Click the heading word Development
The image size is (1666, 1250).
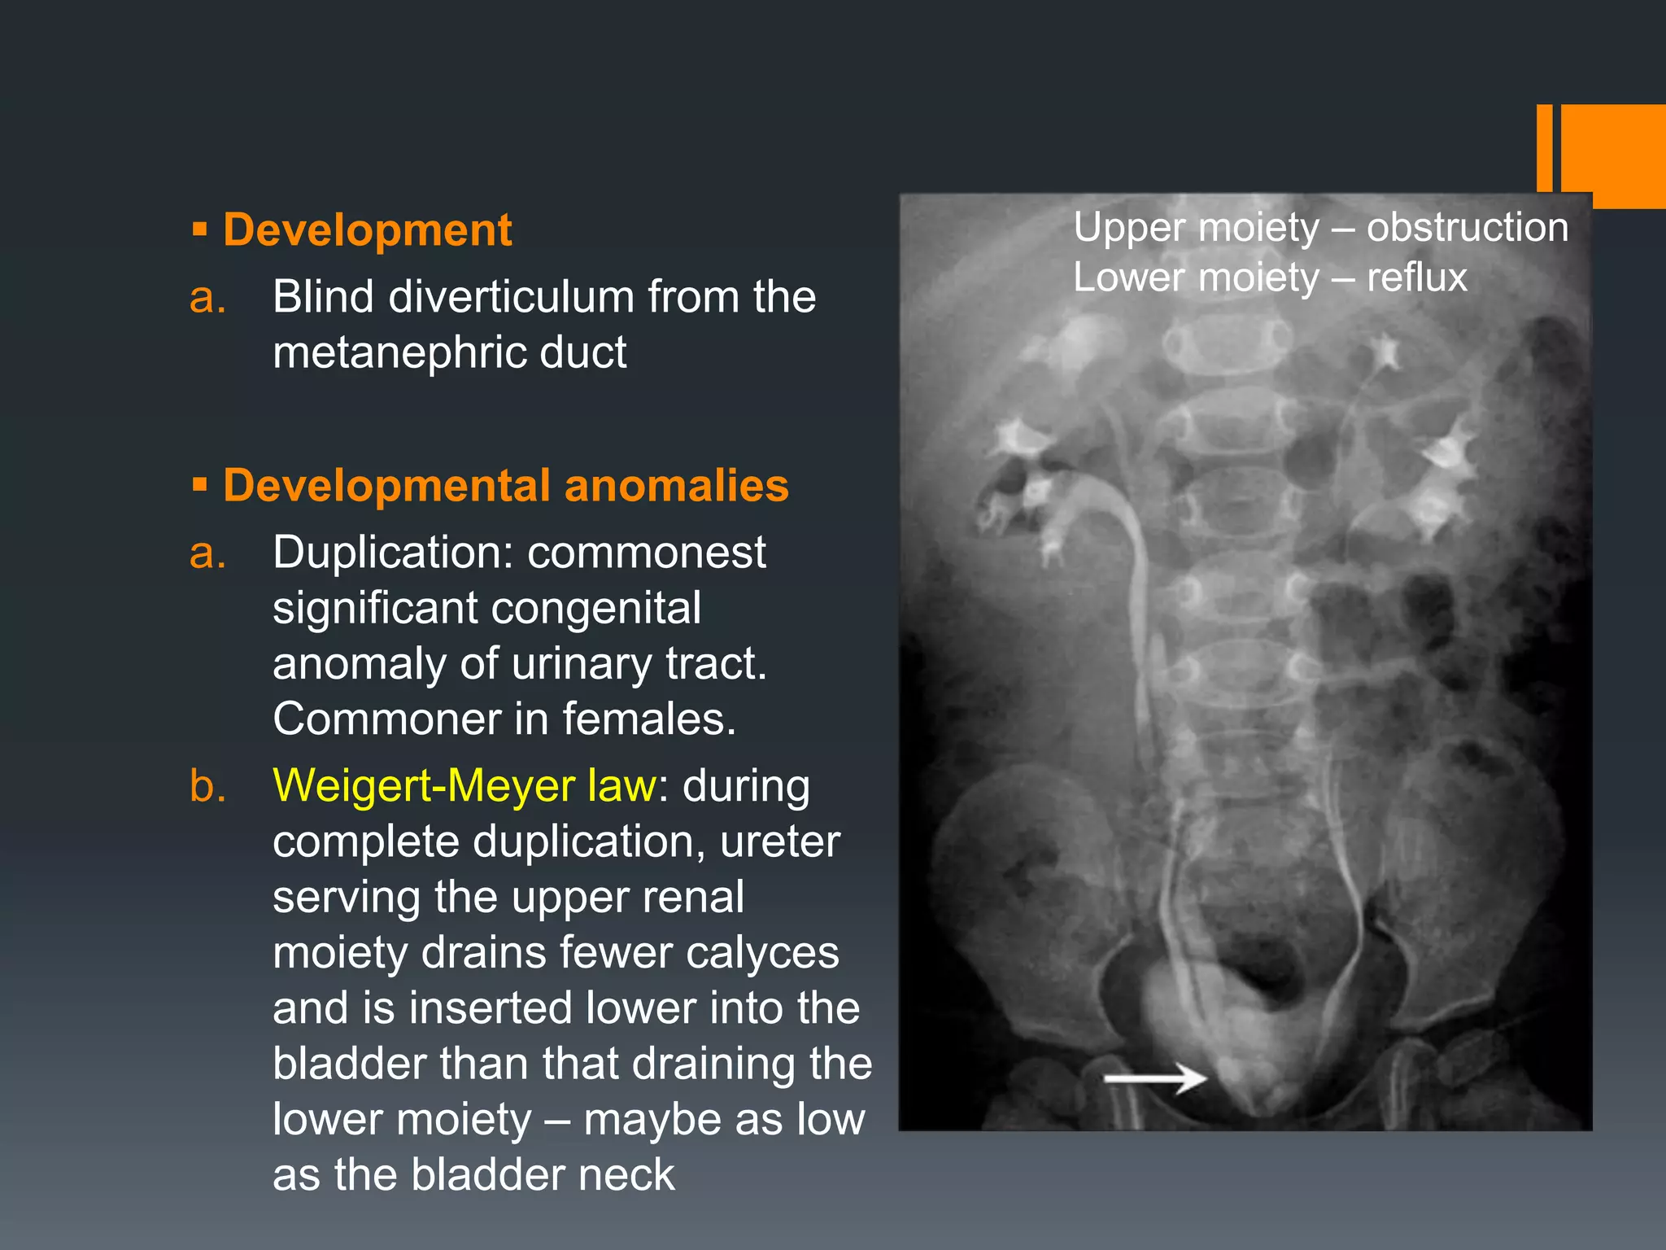[367, 230]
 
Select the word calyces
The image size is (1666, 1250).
[762, 953]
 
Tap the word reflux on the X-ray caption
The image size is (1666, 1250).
[1416, 278]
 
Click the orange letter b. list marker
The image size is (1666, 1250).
[207, 787]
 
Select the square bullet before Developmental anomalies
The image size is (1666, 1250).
[200, 486]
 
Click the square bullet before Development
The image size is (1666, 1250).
[200, 230]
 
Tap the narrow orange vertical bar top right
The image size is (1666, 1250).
[1544, 148]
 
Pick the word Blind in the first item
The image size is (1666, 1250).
[323, 297]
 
